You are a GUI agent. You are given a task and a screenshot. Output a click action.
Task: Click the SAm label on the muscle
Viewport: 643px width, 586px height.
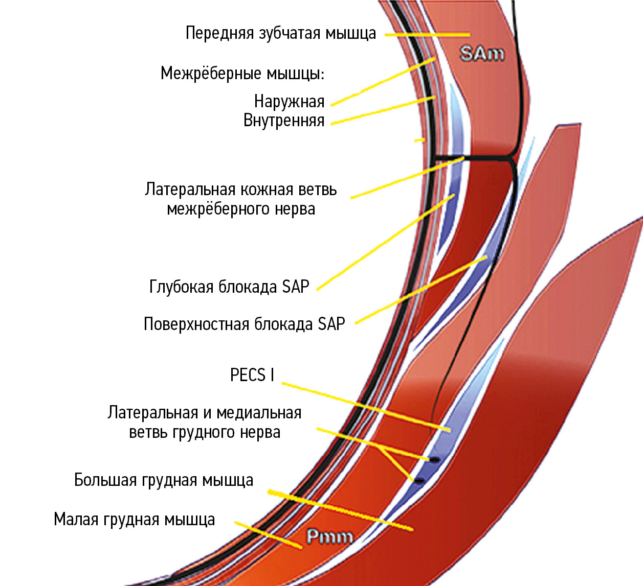pos(482,54)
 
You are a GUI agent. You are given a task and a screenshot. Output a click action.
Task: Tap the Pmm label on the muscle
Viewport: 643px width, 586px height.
pos(330,536)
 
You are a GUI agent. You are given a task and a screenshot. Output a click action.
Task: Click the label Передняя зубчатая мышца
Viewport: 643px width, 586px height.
pos(280,33)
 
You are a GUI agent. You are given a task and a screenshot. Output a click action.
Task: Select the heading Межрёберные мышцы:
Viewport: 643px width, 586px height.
pos(242,74)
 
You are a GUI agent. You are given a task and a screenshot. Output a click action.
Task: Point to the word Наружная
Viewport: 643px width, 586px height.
pos(289,102)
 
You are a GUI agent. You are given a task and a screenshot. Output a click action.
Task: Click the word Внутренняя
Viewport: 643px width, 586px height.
pos(284,121)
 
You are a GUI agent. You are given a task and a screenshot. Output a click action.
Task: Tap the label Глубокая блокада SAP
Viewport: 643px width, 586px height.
pos(229,287)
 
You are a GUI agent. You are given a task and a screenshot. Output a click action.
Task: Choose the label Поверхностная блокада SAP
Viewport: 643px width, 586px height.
pos(244,324)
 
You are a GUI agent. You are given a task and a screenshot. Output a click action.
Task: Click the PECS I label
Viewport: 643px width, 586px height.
pos(252,375)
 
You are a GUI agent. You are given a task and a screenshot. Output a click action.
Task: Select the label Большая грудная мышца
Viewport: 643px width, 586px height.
pos(164,480)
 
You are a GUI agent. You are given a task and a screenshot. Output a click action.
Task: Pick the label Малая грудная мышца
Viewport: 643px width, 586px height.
pos(134,520)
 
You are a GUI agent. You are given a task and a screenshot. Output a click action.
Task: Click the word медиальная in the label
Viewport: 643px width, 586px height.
pos(261,413)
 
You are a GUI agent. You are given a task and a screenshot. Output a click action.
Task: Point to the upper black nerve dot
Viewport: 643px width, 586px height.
pos(434,460)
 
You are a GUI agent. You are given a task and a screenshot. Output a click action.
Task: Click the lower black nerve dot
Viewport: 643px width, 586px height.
pos(419,481)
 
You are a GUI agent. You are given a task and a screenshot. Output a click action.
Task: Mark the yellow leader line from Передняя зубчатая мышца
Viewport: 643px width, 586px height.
pos(427,35)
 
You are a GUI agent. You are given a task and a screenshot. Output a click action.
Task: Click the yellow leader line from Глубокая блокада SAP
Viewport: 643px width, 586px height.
pos(384,242)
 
